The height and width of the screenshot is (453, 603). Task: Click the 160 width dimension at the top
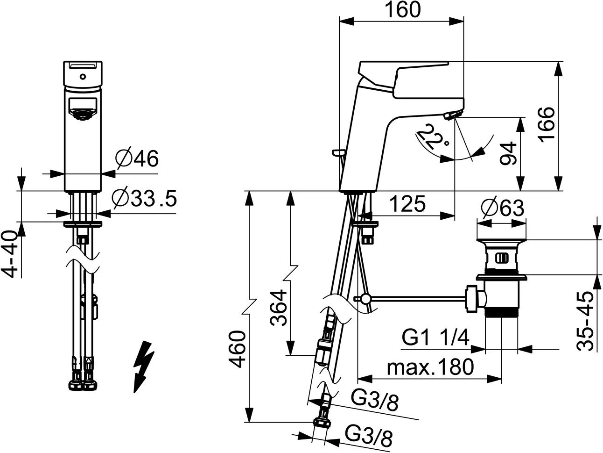point(402,10)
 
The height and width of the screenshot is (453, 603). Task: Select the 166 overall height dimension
point(547,125)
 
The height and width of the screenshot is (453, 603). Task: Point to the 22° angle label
point(432,137)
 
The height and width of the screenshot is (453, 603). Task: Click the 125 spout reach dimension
point(407,204)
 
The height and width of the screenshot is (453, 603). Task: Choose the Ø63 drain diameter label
point(503,208)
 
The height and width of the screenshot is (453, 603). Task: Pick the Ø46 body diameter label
point(137,158)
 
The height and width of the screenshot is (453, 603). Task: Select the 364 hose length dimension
point(278,308)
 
